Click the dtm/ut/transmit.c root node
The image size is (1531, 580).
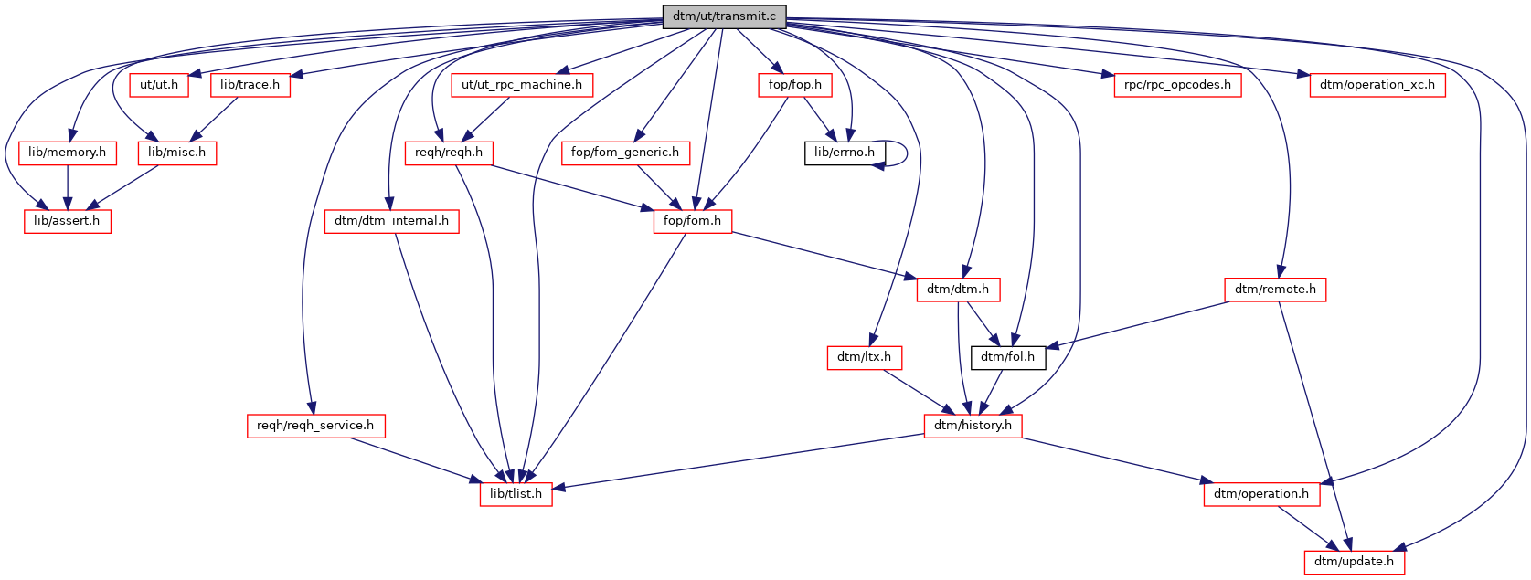pyautogui.click(x=724, y=16)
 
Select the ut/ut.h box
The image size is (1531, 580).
pyautogui.click(x=159, y=85)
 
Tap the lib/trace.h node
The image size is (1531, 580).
pyautogui.click(x=250, y=85)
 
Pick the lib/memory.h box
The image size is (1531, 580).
pyautogui.click(x=67, y=153)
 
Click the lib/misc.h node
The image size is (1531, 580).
pyautogui.click(x=176, y=153)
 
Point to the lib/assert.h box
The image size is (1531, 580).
pyautogui.click(x=67, y=221)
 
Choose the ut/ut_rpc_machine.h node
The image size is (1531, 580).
pyautogui.click(x=521, y=85)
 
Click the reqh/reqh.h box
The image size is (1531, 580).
pyautogui.click(x=448, y=153)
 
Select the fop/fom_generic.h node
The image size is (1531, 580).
pyautogui.click(x=624, y=153)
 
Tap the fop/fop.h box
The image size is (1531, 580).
pyautogui.click(x=794, y=85)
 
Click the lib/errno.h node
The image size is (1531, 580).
pyautogui.click(x=844, y=153)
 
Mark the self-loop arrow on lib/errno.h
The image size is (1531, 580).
pyautogui.click(x=906, y=153)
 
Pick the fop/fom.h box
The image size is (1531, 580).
pyautogui.click(x=692, y=221)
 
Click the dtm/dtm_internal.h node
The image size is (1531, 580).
pyautogui.click(x=391, y=221)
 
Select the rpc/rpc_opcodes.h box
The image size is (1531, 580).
pyautogui.click(x=1177, y=85)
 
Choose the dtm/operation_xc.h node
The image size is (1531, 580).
pyautogui.click(x=1377, y=85)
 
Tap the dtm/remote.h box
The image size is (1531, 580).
pyautogui.click(x=1274, y=290)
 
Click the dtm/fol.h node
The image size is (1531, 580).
pyautogui.click(x=1007, y=357)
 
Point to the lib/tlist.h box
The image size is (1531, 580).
pyautogui.click(x=516, y=494)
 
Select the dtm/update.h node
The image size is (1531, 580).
pyautogui.click(x=1354, y=562)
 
